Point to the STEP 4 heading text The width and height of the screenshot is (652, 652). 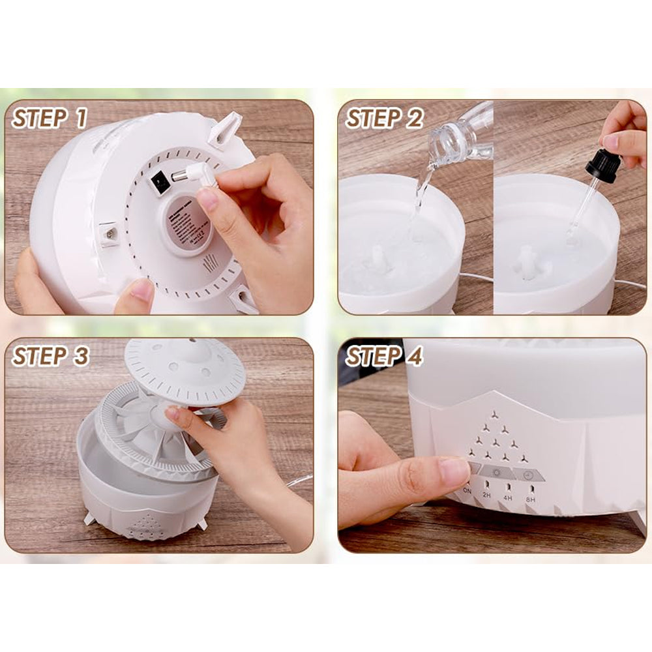pos(385,356)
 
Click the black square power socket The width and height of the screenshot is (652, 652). pos(157,184)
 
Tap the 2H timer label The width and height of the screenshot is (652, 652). pos(486,496)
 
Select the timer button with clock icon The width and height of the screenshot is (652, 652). pos(529,474)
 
